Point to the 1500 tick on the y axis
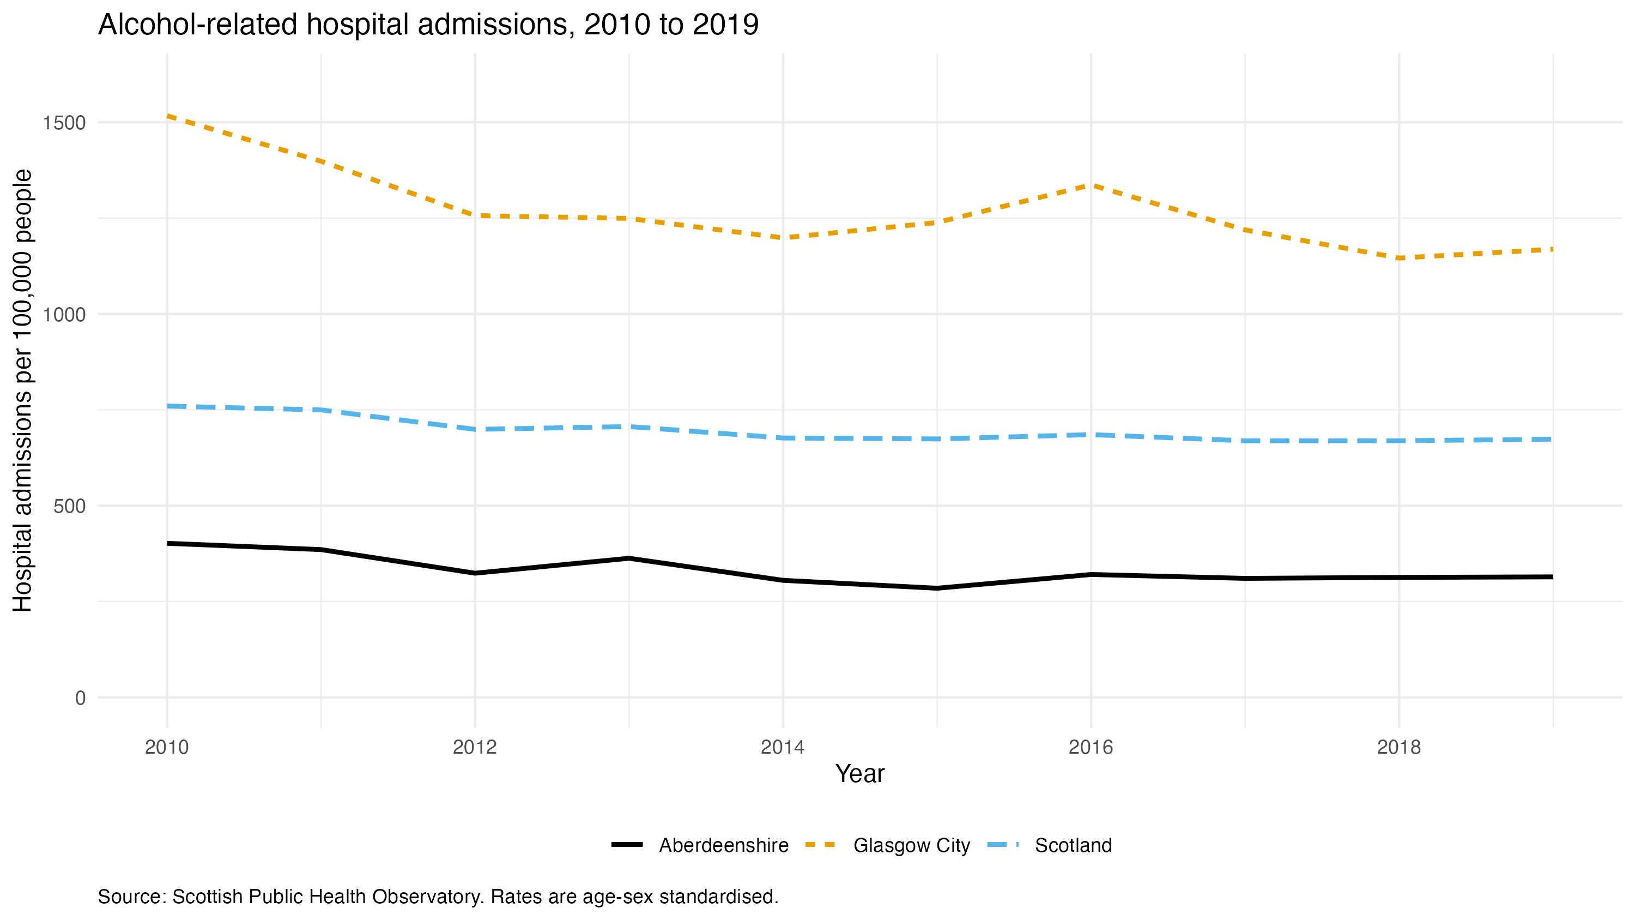[x=63, y=123]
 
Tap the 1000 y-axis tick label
[x=63, y=314]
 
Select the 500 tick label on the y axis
[x=69, y=506]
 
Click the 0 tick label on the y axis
[x=80, y=698]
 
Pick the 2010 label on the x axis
[x=167, y=747]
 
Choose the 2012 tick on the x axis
[x=475, y=747]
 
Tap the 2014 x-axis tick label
[x=783, y=747]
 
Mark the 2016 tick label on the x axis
[x=1091, y=747]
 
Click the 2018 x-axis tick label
[x=1399, y=747]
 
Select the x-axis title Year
[x=860, y=773]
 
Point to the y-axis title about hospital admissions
[x=23, y=390]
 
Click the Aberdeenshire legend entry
[x=700, y=845]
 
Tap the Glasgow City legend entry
[x=887, y=846]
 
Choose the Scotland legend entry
[x=1050, y=845]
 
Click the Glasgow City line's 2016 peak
[x=1091, y=185]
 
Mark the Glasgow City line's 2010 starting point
[x=167, y=116]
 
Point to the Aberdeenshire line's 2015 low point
[x=937, y=588]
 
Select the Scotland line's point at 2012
[x=475, y=429]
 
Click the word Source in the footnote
[x=132, y=897]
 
